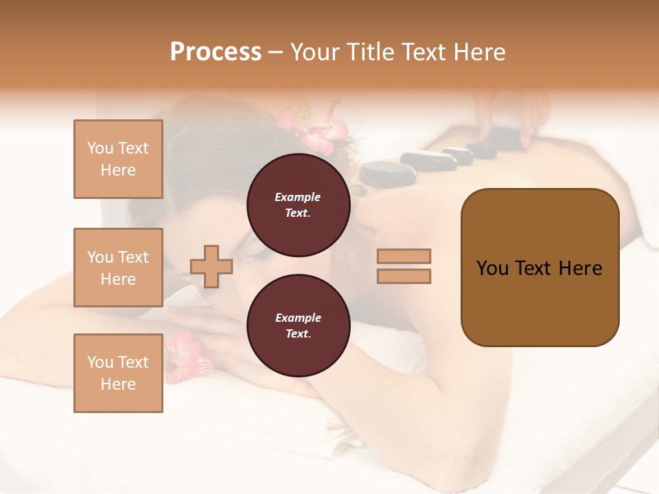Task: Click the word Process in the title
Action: click(216, 52)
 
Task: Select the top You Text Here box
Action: click(118, 159)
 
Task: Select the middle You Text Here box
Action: click(118, 268)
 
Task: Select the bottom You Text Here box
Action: click(118, 373)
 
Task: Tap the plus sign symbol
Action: click(211, 266)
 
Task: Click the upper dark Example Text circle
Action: click(298, 205)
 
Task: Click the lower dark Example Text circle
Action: click(298, 325)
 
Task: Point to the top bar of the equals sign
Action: click(404, 256)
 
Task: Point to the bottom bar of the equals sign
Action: click(404, 276)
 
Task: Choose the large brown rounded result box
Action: click(540, 268)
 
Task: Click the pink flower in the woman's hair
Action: click(312, 127)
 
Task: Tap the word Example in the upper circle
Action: click(298, 197)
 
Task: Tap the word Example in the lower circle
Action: click(298, 318)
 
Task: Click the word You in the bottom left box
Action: click(100, 362)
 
